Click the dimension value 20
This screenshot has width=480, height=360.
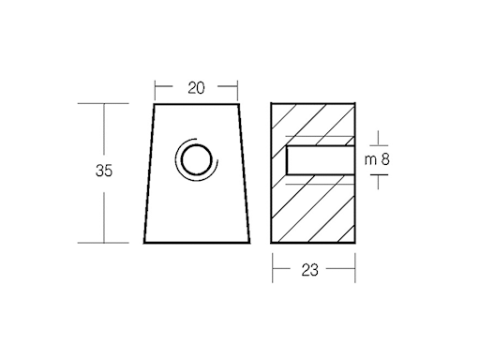[196, 88]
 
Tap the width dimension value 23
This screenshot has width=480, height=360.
[311, 269]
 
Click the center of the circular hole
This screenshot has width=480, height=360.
[196, 161]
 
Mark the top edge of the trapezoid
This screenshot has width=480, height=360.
[196, 103]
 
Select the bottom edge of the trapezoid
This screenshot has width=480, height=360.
[196, 242]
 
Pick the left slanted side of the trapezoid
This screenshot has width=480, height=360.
[148, 172]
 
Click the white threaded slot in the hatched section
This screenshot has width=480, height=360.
[319, 160]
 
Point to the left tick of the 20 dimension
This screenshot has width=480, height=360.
[157, 88]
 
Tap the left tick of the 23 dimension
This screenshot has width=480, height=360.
[272, 269]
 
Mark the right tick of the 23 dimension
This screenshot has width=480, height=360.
[353, 269]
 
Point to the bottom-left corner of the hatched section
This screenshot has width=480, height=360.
[272, 242]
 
